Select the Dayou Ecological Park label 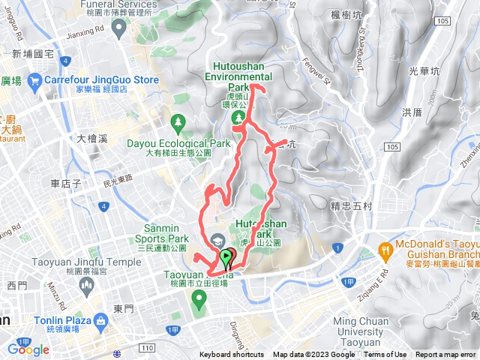(x=178, y=142)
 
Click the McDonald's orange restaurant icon (x=386, y=250)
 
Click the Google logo (x=28, y=349)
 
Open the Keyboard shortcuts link (x=232, y=355)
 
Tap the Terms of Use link (x=385, y=355)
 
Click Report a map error (x=446, y=355)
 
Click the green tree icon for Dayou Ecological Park (x=178, y=121)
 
